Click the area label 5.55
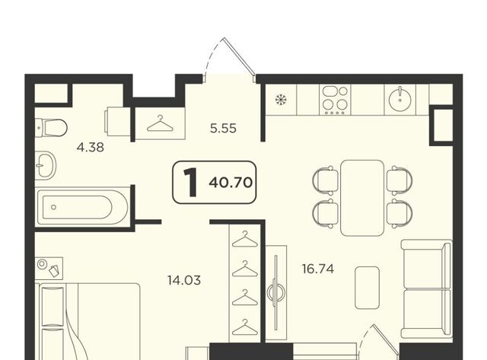pos(223,129)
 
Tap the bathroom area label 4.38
pos(91,147)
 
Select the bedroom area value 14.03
pos(184,280)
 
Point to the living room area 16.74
pos(318,269)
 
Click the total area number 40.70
pos(231,183)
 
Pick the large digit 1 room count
pos(190,183)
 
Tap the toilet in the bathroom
pos(51,127)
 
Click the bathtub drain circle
pos(54,207)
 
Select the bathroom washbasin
pos(46,166)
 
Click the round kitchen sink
pos(400,100)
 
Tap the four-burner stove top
pos(335,100)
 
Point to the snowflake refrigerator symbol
pos(281,100)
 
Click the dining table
pos(362,198)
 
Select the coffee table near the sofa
pos(367,288)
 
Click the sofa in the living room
pos(427,289)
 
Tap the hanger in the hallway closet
pos(161,123)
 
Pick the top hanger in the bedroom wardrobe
pos(245,239)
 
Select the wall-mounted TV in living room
pos(275,292)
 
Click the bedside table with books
pos(49,267)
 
